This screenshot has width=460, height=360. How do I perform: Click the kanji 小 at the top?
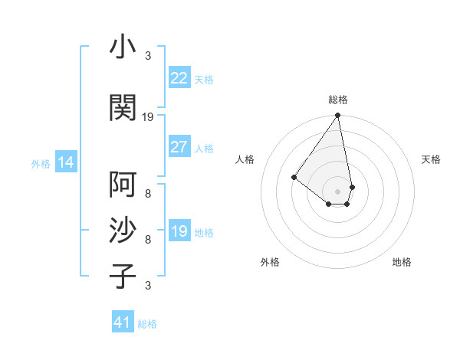tap(123, 48)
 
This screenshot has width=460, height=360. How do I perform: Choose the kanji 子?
tap(123, 276)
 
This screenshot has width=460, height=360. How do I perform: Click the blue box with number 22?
tap(179, 78)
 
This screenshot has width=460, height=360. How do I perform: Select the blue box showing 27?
tap(179, 147)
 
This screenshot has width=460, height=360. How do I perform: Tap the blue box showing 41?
tap(123, 322)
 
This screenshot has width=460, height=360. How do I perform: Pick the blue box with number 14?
tap(65, 162)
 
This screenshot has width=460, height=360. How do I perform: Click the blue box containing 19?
tap(179, 231)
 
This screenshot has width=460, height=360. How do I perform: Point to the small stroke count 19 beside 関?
tap(148, 117)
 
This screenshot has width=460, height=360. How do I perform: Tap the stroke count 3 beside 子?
tap(148, 286)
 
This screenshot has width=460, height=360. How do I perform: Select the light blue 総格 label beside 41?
tap(147, 324)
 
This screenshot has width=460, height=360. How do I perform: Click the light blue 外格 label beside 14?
tap(41, 164)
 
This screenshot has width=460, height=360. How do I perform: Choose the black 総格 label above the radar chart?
tap(338, 100)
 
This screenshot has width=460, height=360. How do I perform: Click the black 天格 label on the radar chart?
tap(431, 159)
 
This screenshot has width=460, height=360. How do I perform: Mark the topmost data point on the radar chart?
tap(337, 116)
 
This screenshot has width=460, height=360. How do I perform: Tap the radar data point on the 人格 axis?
tap(294, 177)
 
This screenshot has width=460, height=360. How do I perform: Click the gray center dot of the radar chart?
tap(337, 191)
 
